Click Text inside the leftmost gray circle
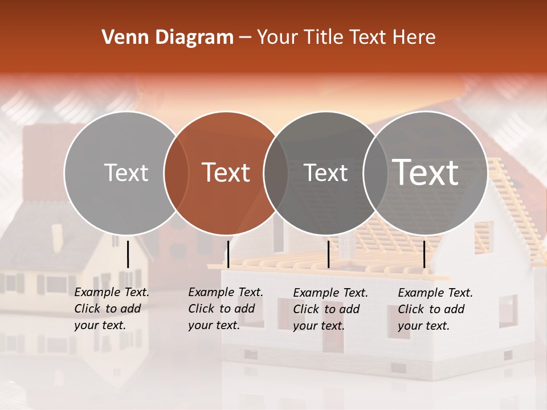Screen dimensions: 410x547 click(126, 173)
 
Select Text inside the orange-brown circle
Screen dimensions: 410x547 click(226, 173)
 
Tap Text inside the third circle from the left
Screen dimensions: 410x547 click(326, 173)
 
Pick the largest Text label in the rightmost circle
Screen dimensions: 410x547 click(426, 172)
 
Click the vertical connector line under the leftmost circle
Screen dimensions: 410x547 click(128, 254)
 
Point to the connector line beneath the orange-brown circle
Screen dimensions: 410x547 click(228, 254)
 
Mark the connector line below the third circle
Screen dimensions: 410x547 click(328, 254)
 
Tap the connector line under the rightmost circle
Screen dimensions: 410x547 click(424, 254)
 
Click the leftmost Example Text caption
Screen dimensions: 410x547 click(111, 309)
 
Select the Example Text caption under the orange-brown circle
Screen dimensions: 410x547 click(225, 309)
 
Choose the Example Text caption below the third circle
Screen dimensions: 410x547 click(330, 309)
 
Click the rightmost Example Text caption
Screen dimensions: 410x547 click(435, 309)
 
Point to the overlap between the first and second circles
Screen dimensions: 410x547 click(176, 173)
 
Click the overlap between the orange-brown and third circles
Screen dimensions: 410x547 click(276, 173)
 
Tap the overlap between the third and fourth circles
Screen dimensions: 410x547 click(375, 173)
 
